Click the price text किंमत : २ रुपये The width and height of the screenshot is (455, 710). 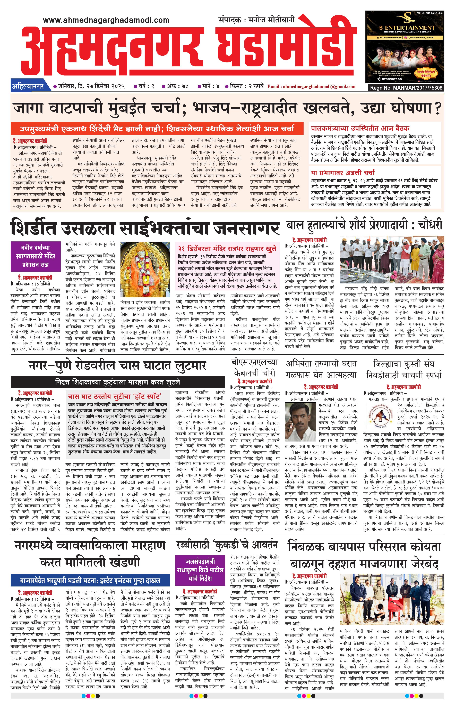tap(244, 86)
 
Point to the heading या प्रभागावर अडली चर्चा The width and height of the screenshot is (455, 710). tap(343, 172)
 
